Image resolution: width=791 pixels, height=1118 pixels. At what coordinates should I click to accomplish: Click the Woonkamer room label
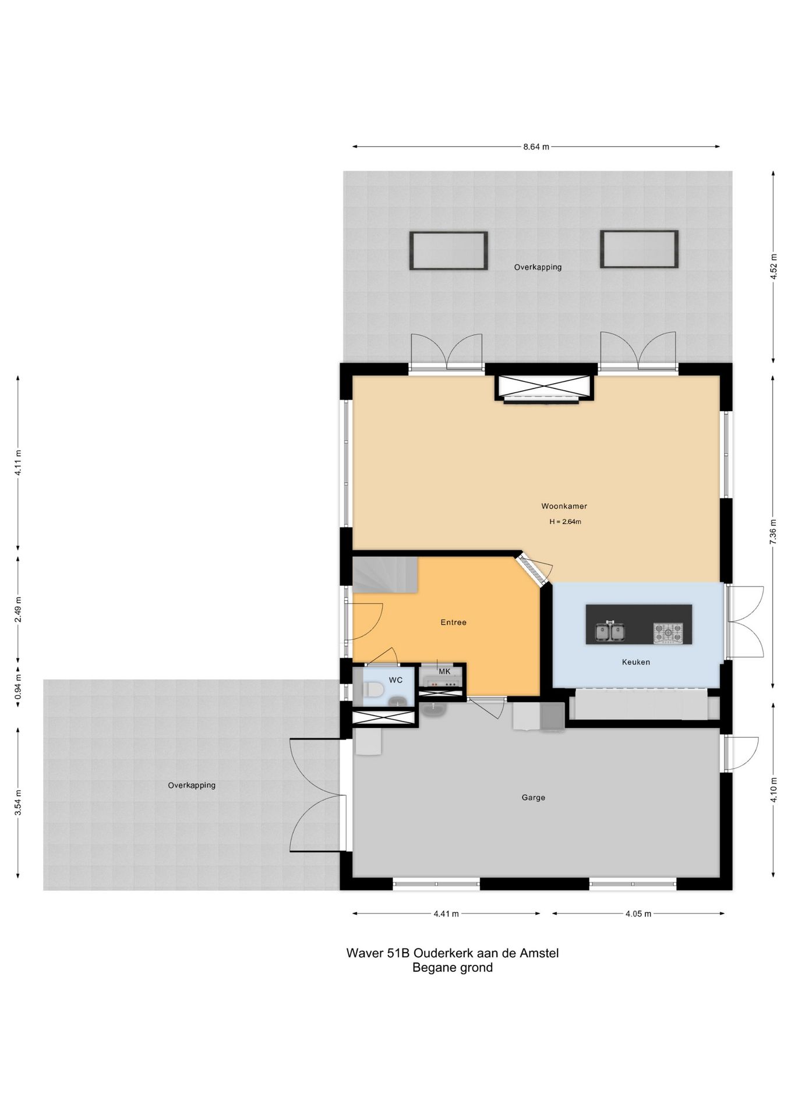click(564, 506)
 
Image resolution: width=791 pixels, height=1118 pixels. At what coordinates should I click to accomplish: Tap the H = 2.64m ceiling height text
click(565, 522)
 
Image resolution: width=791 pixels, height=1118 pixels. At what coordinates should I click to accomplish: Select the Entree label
click(453, 622)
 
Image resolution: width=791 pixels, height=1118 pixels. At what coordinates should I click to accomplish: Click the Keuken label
click(635, 662)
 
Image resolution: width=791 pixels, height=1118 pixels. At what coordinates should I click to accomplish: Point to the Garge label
click(533, 798)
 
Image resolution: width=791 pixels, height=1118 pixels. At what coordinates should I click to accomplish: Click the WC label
click(395, 680)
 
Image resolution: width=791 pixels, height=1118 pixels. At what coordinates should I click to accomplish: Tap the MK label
click(444, 671)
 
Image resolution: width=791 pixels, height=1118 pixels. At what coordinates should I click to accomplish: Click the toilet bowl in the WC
click(373, 691)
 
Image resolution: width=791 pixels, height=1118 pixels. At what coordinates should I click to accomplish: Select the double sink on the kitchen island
click(609, 631)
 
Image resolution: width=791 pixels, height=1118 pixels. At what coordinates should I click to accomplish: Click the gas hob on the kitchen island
click(668, 632)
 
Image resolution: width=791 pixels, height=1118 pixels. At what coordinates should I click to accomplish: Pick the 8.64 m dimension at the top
click(536, 147)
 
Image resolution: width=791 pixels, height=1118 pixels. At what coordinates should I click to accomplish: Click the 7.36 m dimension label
click(773, 531)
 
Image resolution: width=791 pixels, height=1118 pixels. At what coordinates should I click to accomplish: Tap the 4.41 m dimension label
click(446, 914)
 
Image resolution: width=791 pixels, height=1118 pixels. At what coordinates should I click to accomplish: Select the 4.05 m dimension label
click(638, 914)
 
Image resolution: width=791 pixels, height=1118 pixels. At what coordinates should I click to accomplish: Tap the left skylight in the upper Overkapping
click(448, 250)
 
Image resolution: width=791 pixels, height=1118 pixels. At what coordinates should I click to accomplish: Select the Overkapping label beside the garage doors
click(192, 786)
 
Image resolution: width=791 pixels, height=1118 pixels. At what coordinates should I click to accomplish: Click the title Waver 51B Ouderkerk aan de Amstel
click(453, 953)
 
